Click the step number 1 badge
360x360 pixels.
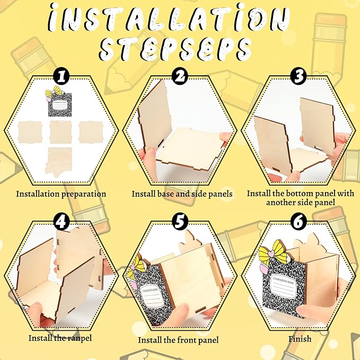61,77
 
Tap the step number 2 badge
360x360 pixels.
180,76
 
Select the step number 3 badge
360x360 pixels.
298,76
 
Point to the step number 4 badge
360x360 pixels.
61,222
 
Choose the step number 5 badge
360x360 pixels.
180,222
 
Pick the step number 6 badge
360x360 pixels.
298,222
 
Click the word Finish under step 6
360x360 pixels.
300,339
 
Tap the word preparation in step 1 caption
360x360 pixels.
84,194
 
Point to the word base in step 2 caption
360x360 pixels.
165,194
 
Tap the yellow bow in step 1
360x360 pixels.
54,92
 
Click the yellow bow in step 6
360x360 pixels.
273,251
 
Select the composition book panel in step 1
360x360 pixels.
60,104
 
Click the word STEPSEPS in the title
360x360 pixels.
175,49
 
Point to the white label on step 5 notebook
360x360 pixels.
151,296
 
